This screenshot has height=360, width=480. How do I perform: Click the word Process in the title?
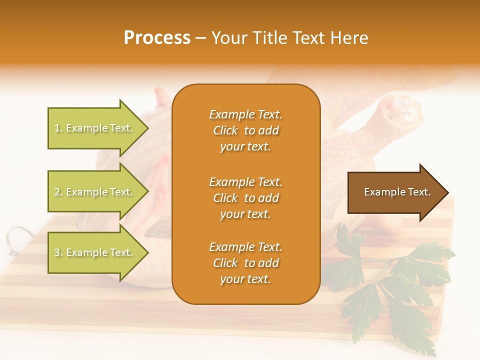coord(157,38)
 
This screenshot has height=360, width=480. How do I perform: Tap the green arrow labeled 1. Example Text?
coord(95,128)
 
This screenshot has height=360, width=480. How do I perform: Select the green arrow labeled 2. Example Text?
coord(95,192)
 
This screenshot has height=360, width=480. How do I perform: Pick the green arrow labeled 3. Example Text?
coord(95,252)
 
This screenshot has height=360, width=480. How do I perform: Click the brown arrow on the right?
coord(395,192)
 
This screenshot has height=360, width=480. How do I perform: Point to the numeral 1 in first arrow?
coord(57,128)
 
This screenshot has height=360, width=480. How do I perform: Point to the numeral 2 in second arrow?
coord(57,192)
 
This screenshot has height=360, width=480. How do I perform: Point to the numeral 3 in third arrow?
coord(57,252)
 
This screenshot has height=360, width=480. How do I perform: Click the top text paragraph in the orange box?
coord(245,130)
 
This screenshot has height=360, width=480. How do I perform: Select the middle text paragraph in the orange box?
coord(245,198)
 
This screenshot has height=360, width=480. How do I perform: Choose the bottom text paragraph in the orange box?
coord(245,263)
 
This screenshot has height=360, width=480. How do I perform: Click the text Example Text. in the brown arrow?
coord(397,192)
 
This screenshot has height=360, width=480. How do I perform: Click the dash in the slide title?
coord(200,38)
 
